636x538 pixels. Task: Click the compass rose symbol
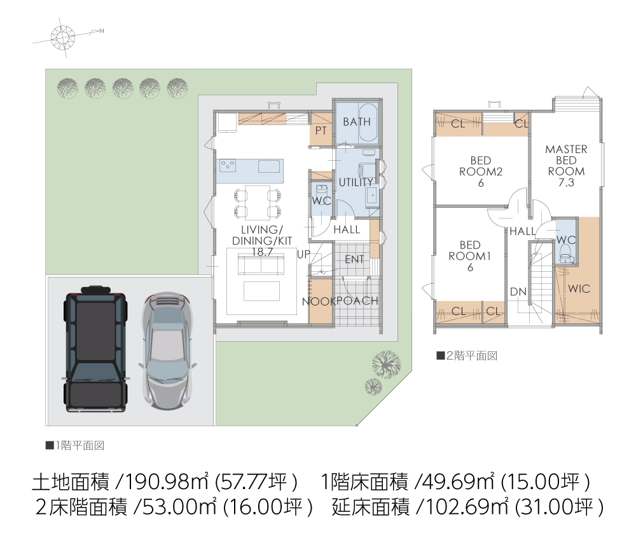pos(63,37)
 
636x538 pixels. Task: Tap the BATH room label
pos(357,121)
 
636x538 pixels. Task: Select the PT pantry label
pos(321,130)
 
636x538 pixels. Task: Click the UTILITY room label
pos(356,182)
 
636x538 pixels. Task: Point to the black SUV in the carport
pos(95,349)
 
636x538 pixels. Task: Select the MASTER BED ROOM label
pos(566,166)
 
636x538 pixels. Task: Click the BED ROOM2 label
pos(481,171)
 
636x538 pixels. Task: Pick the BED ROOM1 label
pos(470,256)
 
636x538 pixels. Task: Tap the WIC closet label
pos(579,289)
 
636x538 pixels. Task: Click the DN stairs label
pos(518,292)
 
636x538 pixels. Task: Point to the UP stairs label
pos(303,254)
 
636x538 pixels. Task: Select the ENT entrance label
pos(354,259)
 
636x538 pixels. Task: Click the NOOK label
pos(319,302)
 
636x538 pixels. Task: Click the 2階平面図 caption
pos(467,356)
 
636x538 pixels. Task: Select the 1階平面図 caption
pos(75,446)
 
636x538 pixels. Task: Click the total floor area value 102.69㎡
pos(466,507)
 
